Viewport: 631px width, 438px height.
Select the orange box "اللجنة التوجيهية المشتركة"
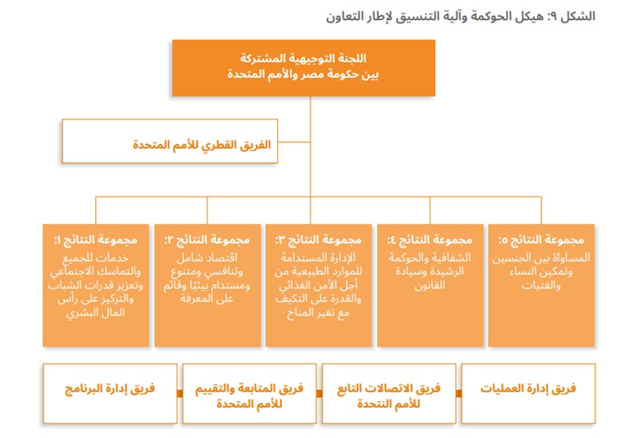click(303, 67)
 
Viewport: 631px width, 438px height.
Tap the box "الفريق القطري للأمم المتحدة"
click(170, 141)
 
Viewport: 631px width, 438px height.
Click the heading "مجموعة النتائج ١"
click(96, 240)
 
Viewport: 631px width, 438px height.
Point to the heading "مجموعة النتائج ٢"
click(207, 240)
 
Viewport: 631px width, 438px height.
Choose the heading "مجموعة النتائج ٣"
click(319, 240)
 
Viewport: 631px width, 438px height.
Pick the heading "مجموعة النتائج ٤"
click(430, 240)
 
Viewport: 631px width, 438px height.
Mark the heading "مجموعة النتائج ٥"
click(541, 240)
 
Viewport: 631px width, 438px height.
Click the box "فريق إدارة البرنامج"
click(110, 393)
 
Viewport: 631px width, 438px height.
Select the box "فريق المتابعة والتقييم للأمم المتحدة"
click(250, 393)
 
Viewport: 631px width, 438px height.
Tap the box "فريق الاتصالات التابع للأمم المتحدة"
click(388, 393)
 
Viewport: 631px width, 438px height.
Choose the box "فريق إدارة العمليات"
click(529, 393)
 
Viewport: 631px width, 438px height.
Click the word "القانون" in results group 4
click(430, 286)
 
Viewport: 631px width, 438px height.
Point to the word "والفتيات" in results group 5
click(541, 286)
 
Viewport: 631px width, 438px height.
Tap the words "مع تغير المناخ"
click(319, 313)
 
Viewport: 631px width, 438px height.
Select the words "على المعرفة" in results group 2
click(207, 299)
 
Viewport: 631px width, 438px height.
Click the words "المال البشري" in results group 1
click(96, 313)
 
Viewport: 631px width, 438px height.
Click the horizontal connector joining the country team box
click(294, 142)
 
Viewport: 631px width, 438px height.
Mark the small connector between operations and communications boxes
click(459, 394)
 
